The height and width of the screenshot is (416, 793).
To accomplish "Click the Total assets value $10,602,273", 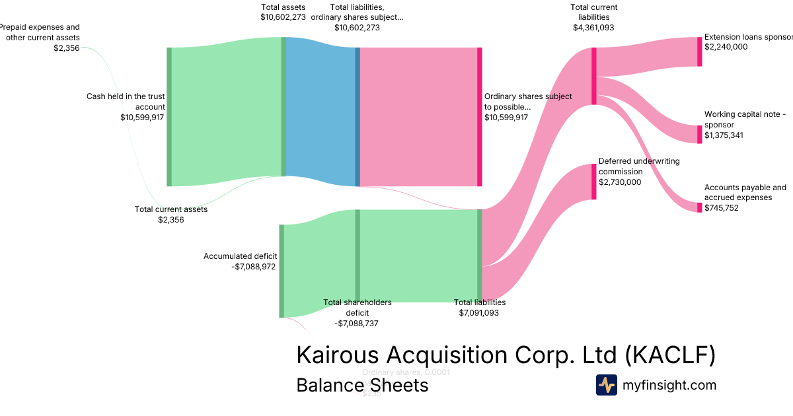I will (283, 18).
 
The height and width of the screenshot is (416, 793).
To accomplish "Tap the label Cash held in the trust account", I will (126, 101).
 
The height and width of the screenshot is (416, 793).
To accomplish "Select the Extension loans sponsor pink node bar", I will (700, 52).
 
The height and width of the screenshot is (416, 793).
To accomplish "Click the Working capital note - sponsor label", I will (745, 120).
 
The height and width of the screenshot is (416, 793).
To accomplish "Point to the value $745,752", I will (722, 208).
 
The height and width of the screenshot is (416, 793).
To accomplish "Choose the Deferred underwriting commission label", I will (639, 166).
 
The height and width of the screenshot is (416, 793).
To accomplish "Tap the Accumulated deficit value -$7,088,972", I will (254, 267).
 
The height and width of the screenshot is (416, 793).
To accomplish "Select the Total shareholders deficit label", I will (357, 307).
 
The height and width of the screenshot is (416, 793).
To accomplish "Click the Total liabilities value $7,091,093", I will (479, 313).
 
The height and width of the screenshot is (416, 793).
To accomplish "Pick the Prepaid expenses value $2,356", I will (67, 48).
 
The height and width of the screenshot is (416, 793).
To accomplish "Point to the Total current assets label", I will (171, 209).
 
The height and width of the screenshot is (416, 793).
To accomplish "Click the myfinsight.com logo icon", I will (606, 385).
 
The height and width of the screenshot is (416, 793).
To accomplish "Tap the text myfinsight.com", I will (669, 385).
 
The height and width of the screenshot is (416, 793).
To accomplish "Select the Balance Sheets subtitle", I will (362, 385).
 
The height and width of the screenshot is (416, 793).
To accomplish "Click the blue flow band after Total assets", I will (321, 112).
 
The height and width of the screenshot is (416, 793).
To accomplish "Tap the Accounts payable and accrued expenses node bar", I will (700, 207).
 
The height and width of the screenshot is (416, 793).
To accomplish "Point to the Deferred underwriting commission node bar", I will (594, 182).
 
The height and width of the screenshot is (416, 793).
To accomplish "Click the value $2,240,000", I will (726, 47).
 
